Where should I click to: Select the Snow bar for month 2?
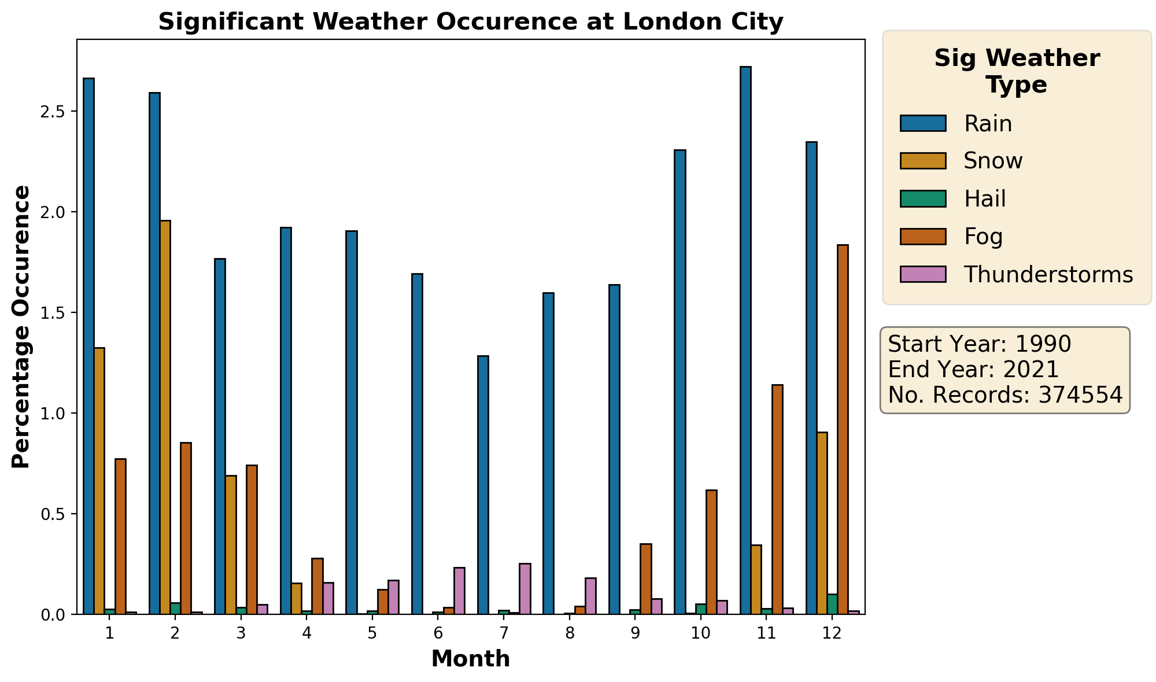[165, 417]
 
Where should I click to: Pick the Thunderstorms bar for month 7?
[525, 589]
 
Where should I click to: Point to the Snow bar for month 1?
[99, 481]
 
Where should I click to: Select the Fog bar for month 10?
[711, 552]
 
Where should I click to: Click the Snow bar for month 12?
[822, 523]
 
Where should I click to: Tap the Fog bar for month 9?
[645, 578]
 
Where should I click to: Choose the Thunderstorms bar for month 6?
[459, 591]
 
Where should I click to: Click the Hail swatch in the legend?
[923, 199]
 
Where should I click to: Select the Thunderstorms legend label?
[1048, 275]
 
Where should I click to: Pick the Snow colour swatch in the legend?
[923, 161]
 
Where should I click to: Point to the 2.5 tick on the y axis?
[55, 112]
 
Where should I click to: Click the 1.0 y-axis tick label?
[55, 414]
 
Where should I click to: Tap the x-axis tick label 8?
[570, 633]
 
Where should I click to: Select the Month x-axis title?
[471, 659]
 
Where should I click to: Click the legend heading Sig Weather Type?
[1017, 72]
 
